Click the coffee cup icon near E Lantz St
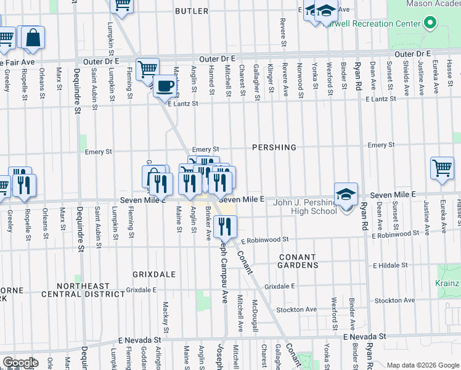click(x=165, y=86)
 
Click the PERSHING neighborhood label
click(x=274, y=147)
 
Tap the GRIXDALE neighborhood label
click(x=154, y=273)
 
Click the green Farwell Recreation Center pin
click(x=430, y=25)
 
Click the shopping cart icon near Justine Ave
click(x=442, y=167)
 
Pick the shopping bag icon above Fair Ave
click(x=33, y=38)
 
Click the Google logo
click(x=20, y=363)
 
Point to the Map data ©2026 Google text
click(x=423, y=365)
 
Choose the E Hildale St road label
click(x=392, y=266)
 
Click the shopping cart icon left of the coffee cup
click(x=147, y=69)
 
